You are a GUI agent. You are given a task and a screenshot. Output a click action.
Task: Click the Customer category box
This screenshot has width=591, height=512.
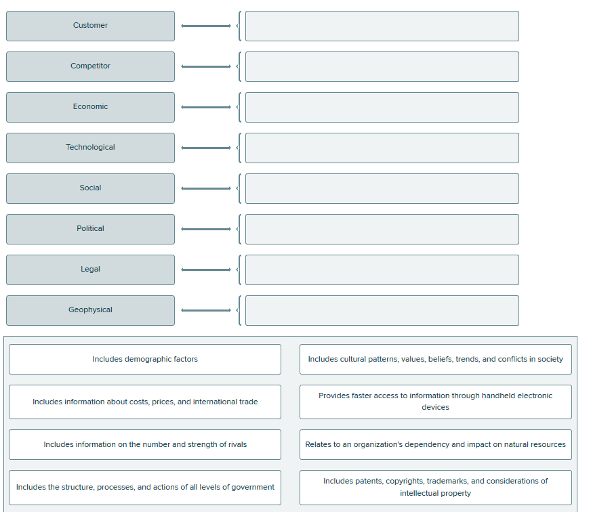point(90,26)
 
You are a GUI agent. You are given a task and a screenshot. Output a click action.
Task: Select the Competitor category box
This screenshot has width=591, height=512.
point(90,66)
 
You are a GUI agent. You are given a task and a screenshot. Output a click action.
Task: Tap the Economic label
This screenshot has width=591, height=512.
point(90,107)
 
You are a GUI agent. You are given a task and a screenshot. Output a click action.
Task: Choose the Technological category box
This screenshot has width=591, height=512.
point(90,148)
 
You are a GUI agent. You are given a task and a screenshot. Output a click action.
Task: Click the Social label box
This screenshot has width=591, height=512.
point(90,188)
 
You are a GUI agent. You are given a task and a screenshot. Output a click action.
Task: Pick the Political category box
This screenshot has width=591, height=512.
point(90,229)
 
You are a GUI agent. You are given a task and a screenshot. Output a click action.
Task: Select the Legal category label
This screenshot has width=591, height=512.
point(90,270)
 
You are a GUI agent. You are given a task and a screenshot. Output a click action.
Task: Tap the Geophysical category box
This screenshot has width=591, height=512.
point(90,310)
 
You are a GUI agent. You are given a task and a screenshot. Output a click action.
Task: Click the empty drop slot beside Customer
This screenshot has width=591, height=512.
point(382,26)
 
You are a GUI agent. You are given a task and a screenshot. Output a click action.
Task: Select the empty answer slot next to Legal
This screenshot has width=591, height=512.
point(382,270)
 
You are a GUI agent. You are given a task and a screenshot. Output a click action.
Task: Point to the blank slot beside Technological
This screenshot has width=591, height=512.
point(382,148)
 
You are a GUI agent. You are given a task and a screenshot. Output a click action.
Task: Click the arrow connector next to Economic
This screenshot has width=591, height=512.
point(206,107)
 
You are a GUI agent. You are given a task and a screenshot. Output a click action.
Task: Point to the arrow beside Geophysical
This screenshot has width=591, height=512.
point(206,310)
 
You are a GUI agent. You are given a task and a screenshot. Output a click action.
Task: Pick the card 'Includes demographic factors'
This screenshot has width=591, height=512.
point(145,359)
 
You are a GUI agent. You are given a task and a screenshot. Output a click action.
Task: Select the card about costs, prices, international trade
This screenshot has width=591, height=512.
point(145,402)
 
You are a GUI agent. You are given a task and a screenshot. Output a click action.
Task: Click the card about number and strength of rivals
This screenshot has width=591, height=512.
point(145,444)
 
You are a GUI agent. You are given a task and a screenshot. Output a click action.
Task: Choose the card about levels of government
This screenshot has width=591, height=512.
point(145,487)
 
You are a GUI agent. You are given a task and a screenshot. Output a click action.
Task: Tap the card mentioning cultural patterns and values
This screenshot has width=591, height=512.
point(435,359)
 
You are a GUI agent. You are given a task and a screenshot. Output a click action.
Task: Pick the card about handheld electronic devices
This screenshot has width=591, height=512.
point(435,402)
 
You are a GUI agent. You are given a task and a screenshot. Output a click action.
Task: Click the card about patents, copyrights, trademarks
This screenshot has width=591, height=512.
point(435,487)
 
